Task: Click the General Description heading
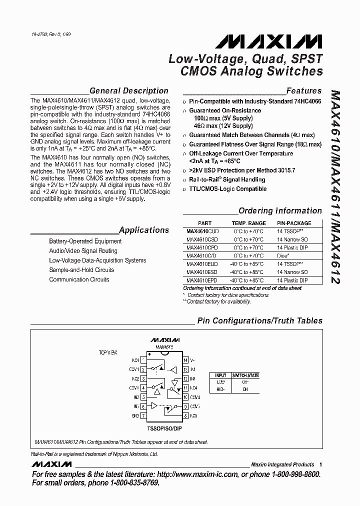click(x=128, y=91)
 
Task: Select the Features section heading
click(x=303, y=91)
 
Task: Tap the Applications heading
click(x=144, y=230)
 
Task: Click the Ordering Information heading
click(x=280, y=211)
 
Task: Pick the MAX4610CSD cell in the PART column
click(x=202, y=239)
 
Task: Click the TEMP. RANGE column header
click(x=248, y=223)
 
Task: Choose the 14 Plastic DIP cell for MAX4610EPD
click(x=292, y=280)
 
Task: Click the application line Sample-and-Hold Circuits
click(x=81, y=270)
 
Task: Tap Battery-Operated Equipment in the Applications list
click(x=85, y=241)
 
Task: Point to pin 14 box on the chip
click(x=185, y=360)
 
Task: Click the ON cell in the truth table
click(x=244, y=388)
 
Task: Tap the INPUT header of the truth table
click(x=220, y=375)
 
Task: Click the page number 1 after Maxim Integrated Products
click(x=320, y=464)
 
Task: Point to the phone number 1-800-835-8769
click(x=130, y=483)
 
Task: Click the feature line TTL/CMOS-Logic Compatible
click(x=227, y=189)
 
